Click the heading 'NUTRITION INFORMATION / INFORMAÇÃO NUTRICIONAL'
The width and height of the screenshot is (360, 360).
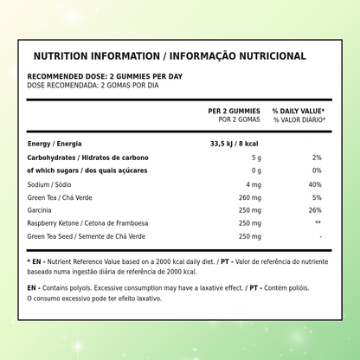click(x=169, y=57)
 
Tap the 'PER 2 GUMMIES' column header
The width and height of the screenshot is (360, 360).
click(x=234, y=111)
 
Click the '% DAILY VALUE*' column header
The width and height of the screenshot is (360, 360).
click(x=299, y=111)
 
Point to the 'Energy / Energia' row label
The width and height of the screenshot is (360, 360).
click(x=56, y=143)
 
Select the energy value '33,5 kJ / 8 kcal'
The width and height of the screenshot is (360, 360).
click(x=235, y=143)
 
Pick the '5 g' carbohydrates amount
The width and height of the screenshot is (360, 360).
click(x=255, y=157)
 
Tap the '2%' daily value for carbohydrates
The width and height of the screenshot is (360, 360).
click(x=317, y=157)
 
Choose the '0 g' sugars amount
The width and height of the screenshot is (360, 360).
click(x=255, y=170)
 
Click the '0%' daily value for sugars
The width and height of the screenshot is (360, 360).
click(x=317, y=170)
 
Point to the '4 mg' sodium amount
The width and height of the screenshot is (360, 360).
click(x=253, y=184)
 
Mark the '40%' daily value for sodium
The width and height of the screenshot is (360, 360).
click(x=315, y=184)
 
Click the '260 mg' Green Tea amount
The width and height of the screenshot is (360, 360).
click(x=249, y=197)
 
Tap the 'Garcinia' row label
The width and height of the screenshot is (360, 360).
click(x=41, y=210)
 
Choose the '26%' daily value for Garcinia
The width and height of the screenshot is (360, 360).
click(x=315, y=210)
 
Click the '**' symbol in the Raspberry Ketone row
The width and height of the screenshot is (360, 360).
click(x=318, y=223)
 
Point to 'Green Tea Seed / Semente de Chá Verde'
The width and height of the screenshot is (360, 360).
click(x=87, y=236)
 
